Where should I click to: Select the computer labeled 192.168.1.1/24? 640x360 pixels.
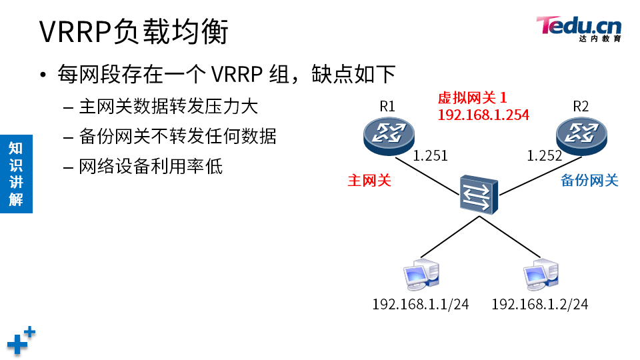tap(421, 275)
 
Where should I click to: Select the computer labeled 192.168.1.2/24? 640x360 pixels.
tap(539, 275)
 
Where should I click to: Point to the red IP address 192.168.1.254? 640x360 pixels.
tap(483, 115)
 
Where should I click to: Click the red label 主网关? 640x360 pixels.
tap(369, 180)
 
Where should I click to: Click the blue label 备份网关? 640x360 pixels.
tap(589, 180)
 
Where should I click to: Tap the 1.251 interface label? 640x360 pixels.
tap(430, 156)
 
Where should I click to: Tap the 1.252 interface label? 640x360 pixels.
tap(544, 156)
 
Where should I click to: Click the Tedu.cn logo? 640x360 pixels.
tap(579, 28)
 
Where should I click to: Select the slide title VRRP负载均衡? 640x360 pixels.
tap(133, 31)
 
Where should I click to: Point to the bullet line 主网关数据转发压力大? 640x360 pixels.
tap(168, 106)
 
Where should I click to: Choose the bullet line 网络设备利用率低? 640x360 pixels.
tap(151, 166)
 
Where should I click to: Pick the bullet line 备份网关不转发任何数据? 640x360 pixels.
tap(177, 136)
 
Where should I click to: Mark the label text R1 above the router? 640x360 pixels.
tap(387, 106)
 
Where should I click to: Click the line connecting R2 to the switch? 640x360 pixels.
tap(531, 176)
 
